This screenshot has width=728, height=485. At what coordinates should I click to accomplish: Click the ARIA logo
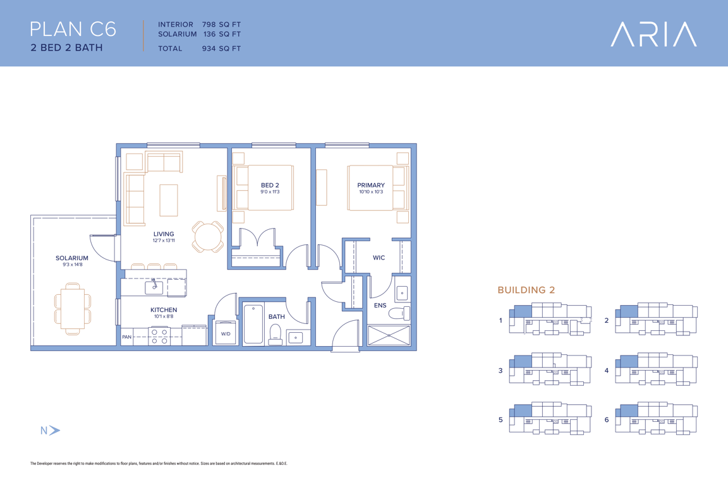point(653,34)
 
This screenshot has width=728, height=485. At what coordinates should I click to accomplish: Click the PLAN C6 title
point(73,29)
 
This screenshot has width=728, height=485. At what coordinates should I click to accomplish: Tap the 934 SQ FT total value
point(221,48)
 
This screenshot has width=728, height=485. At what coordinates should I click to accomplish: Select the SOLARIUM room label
point(72,258)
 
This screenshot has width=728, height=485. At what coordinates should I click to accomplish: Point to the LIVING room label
point(164,234)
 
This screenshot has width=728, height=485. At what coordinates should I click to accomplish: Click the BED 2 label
point(270,185)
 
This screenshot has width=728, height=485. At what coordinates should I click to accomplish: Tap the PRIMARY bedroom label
point(371,185)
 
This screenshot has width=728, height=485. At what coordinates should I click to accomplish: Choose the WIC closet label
point(379,258)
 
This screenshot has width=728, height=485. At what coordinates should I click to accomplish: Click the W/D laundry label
point(226,333)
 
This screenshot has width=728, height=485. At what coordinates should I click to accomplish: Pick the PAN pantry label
point(127,337)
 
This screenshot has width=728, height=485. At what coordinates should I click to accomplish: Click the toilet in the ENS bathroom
point(399,313)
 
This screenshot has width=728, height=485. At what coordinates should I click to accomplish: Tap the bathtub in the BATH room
point(253,324)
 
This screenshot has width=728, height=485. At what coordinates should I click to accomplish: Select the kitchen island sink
point(154,287)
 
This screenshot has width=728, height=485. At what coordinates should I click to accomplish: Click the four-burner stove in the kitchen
point(159,337)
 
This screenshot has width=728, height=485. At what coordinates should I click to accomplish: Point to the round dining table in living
point(208,237)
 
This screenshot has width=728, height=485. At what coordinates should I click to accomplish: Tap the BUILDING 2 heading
point(526,290)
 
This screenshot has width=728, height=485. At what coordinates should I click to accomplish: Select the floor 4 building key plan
point(656,369)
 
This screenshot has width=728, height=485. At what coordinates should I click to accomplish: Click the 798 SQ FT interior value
point(221,25)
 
